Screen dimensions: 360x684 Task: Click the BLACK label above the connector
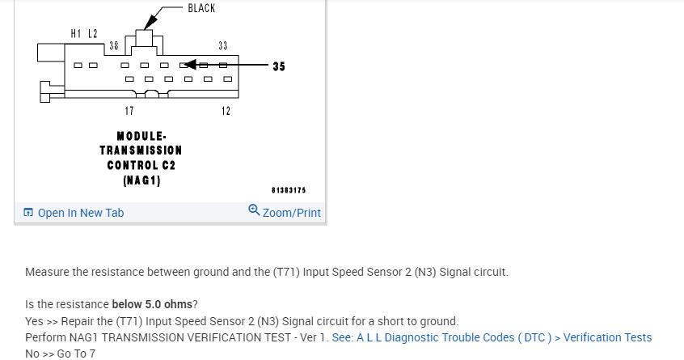pyautogui.click(x=201, y=8)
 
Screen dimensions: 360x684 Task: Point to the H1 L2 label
pyautogui.click(x=84, y=33)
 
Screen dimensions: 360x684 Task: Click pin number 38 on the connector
pyautogui.click(x=114, y=46)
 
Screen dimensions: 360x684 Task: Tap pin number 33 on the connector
pyautogui.click(x=222, y=46)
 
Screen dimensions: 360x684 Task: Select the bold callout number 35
pyautogui.click(x=278, y=66)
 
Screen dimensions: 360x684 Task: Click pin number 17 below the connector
pyautogui.click(x=129, y=110)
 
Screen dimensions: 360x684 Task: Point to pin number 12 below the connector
pyautogui.click(x=226, y=110)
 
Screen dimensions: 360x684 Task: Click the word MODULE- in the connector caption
pyautogui.click(x=141, y=135)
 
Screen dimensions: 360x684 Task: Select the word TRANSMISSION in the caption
pyautogui.click(x=141, y=150)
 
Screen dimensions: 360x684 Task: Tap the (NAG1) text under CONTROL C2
pyautogui.click(x=141, y=180)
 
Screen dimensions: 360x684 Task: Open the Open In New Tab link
pyautogui.click(x=80, y=213)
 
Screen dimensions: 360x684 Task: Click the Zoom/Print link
pyautogui.click(x=291, y=213)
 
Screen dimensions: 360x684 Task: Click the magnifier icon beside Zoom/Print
pyautogui.click(x=254, y=211)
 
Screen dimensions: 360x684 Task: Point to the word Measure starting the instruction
pyautogui.click(x=47, y=272)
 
